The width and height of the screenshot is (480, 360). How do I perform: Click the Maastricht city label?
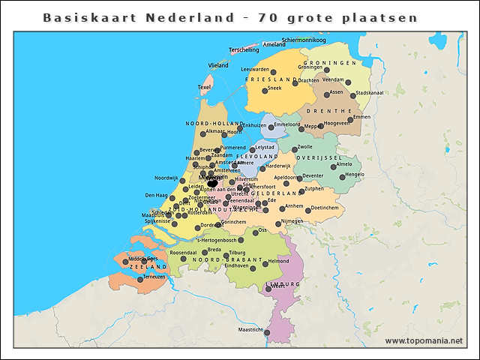pos(250,329)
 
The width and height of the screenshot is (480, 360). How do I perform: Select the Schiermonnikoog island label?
pos(304,39)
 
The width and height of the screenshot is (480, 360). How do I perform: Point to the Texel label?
pos(204,87)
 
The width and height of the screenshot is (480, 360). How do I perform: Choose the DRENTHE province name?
pos(334,110)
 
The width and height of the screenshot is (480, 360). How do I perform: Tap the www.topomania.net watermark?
pos(424,341)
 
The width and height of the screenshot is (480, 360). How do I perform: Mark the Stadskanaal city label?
pos(370,93)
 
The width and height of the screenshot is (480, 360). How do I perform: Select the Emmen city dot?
pos(349,119)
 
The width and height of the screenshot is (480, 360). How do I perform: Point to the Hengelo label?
pos(354,174)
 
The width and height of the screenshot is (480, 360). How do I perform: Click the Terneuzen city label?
pos(154,277)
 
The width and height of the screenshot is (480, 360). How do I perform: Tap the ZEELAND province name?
pos(148,266)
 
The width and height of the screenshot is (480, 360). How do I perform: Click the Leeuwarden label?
pos(255,70)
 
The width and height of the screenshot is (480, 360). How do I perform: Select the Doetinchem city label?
pos(325,207)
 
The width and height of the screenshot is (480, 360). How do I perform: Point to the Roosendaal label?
pos(183,253)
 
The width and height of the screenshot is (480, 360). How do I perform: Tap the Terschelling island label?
pos(244,49)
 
